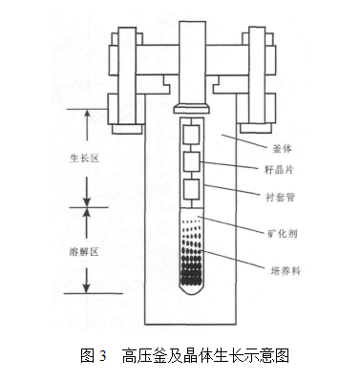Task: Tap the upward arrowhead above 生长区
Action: (87, 113)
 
